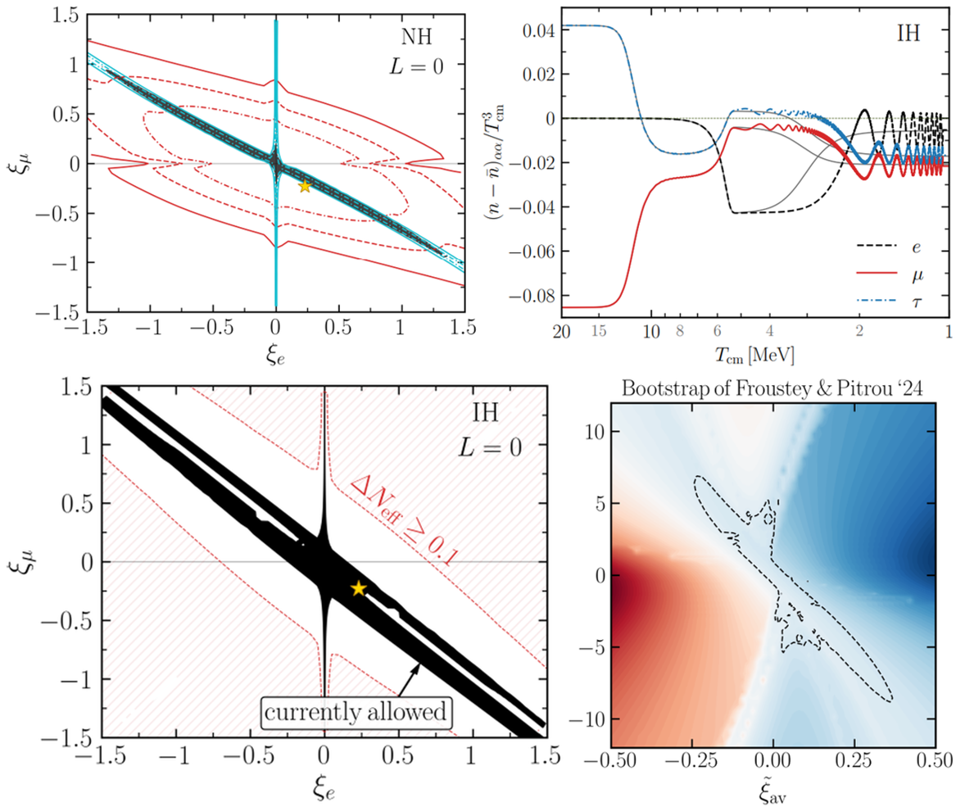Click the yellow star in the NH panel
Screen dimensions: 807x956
coord(305,185)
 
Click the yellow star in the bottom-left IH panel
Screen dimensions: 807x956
coord(358,588)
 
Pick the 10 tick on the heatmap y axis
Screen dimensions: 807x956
coord(573,431)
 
